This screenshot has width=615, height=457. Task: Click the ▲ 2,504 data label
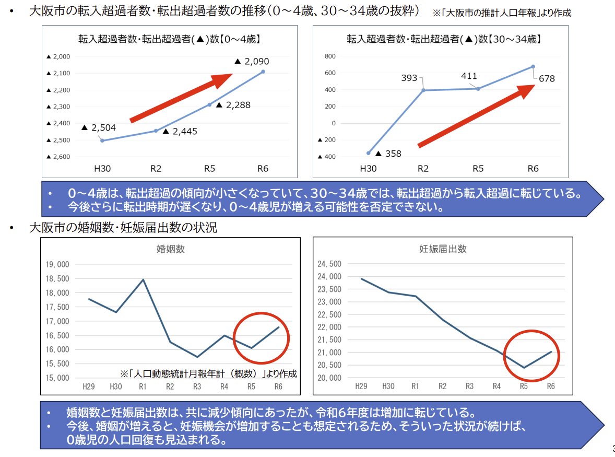click(x=99, y=127)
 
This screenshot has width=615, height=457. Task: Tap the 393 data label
click(x=409, y=78)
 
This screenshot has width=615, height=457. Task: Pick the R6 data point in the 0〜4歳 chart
click(x=263, y=72)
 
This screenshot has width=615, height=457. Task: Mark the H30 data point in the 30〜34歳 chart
click(x=368, y=153)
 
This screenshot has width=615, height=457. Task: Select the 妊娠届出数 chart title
click(x=443, y=249)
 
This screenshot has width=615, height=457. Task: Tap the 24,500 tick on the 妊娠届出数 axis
click(x=329, y=264)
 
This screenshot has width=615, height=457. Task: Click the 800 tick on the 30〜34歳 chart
click(x=329, y=56)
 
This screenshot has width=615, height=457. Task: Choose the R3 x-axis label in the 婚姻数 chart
click(x=197, y=386)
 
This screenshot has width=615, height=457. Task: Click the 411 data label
click(x=469, y=76)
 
